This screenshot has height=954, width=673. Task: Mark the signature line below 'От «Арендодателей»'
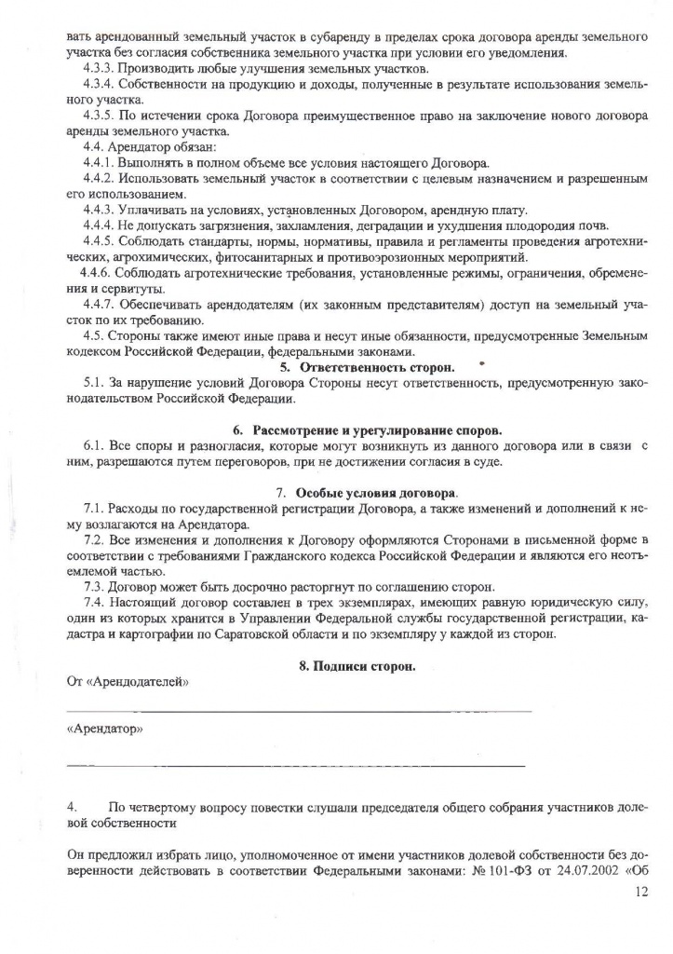298,712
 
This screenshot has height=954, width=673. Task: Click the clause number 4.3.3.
99,69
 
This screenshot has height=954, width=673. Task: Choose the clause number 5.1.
95,384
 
